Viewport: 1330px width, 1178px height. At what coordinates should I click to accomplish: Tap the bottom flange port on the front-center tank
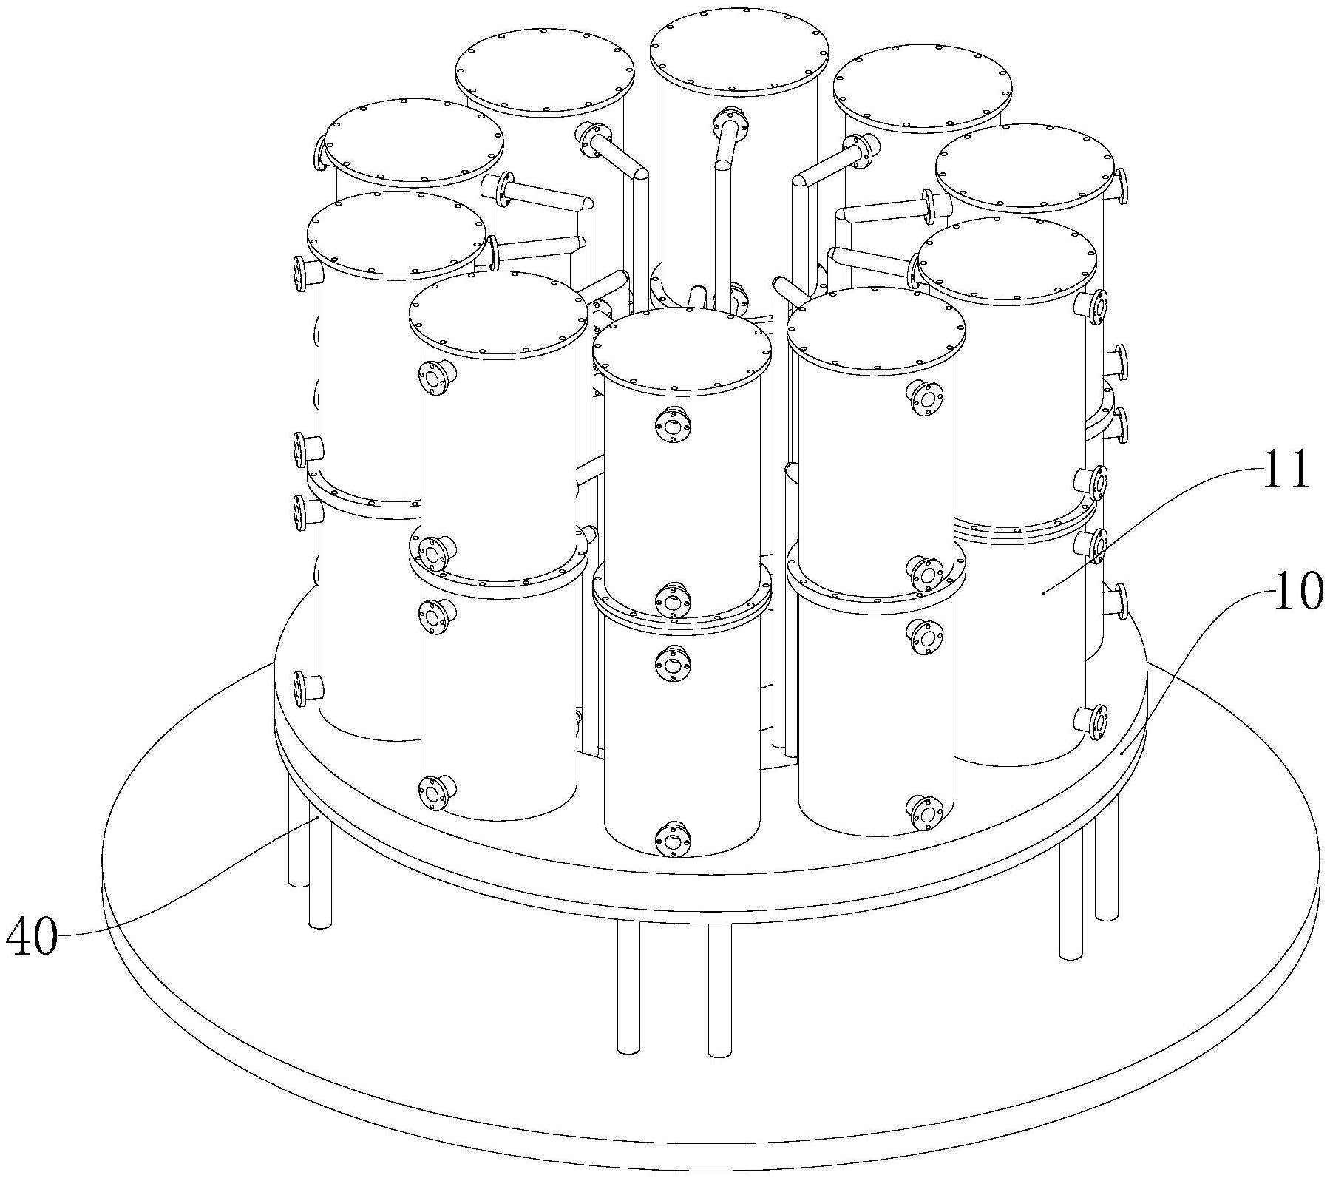tap(672, 839)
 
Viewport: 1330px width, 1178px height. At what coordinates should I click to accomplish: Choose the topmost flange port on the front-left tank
tap(435, 379)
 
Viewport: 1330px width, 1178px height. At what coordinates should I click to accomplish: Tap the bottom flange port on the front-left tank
tap(435, 793)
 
